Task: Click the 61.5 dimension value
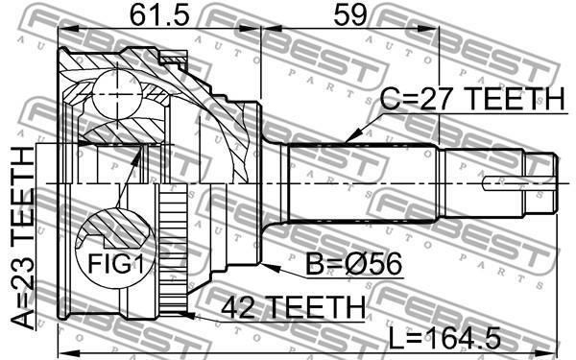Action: point(159,15)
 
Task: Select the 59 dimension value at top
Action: point(350,15)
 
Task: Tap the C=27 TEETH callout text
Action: point(471,99)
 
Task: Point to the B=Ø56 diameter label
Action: point(353,264)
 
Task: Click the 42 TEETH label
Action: point(294,307)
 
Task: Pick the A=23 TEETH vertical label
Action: point(23,238)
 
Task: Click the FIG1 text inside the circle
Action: point(115,263)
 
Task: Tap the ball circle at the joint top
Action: point(117,94)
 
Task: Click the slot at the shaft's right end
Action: point(519,183)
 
